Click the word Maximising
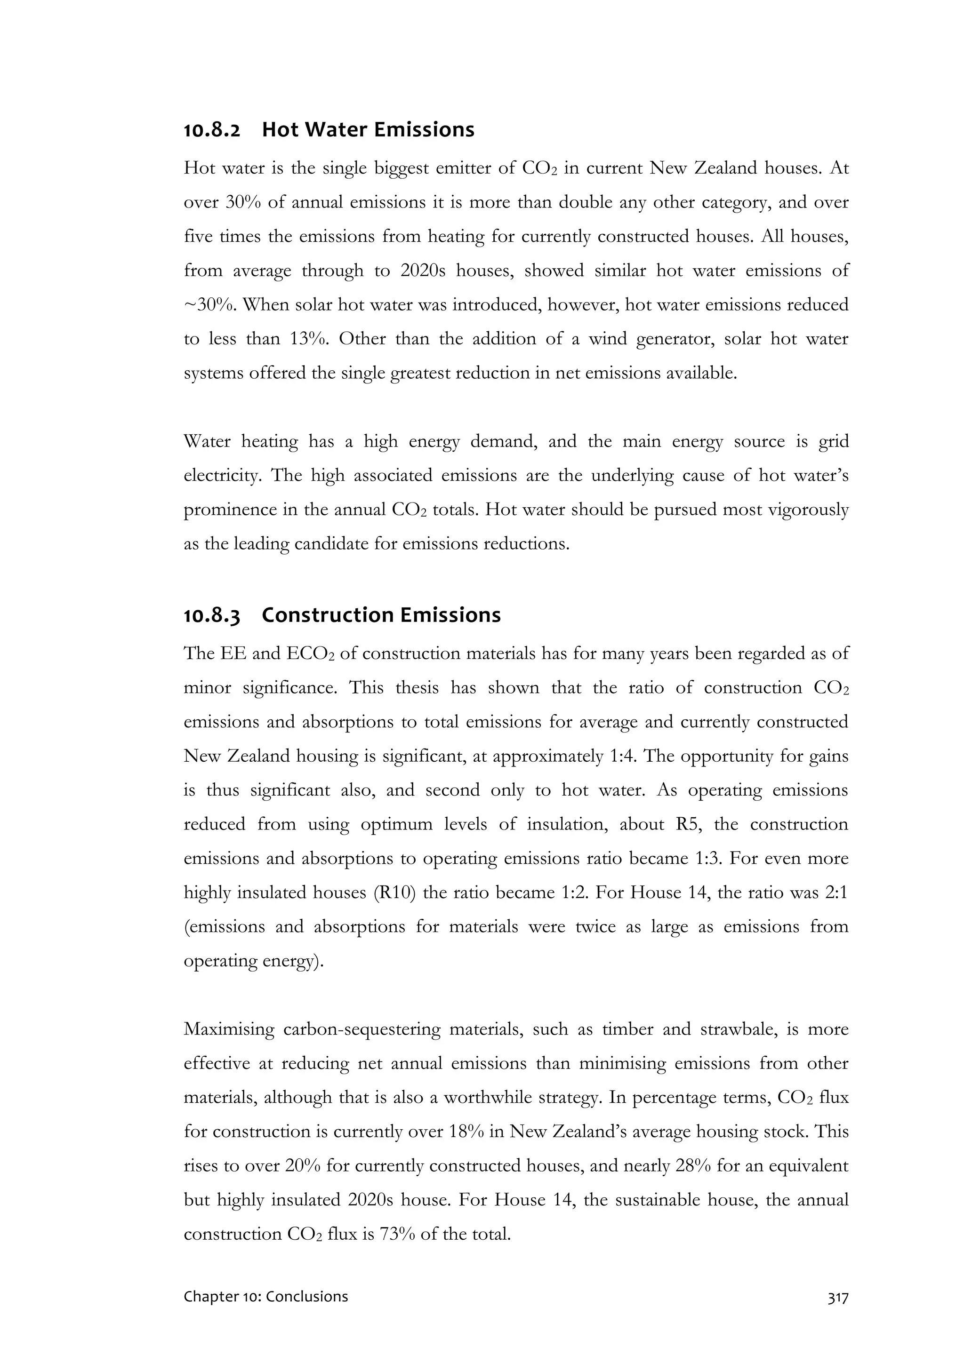[229, 1029]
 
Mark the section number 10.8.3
[212, 615]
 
